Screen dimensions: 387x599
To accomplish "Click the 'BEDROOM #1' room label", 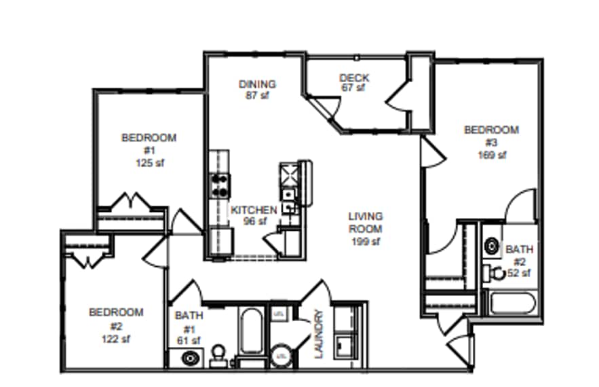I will point(149,143).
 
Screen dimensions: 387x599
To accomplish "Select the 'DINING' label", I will point(257,84).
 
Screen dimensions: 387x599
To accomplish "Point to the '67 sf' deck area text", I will point(353,88).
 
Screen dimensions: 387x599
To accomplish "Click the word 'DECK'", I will point(353,77).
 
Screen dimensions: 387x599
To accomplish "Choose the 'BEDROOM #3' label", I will point(491,136).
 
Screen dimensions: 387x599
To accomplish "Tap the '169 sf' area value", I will point(492,155).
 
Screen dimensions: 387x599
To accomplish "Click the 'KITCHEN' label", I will point(254,210).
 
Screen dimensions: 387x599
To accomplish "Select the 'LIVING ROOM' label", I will point(366,223).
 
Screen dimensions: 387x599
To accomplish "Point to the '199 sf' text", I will point(366,242).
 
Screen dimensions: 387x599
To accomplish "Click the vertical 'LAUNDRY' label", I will point(319,333).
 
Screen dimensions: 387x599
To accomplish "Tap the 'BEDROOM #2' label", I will point(116,319).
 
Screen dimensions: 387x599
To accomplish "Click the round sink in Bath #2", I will point(492,245).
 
